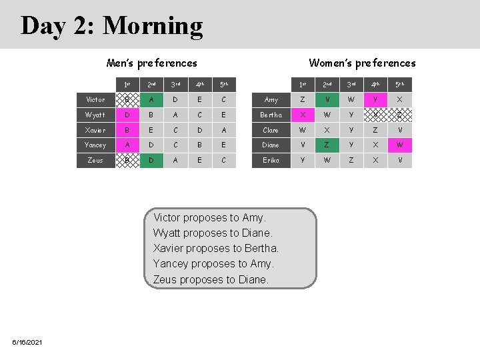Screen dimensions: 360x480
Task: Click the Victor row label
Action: pos(95,99)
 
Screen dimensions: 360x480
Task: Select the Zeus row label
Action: pos(95,160)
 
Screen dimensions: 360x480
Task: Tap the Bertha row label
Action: pos(271,115)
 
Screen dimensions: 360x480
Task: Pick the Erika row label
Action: pos(271,160)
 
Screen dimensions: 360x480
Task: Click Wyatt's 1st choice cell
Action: pos(127,115)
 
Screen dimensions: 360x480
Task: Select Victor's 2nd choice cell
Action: pos(151,99)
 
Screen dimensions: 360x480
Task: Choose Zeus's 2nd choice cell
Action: pos(151,160)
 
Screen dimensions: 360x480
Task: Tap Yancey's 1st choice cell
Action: pos(127,145)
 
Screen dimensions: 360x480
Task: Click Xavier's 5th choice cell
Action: pos(223,130)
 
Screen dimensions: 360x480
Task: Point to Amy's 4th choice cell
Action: pos(375,99)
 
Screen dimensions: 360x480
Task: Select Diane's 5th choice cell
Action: pos(400,145)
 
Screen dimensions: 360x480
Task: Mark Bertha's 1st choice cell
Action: pos(303,115)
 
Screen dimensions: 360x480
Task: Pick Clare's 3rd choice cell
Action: pos(351,130)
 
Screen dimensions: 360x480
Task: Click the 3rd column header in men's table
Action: pos(175,85)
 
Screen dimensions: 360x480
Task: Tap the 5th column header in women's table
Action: pos(400,85)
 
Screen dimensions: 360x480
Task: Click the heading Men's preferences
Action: pos(152,63)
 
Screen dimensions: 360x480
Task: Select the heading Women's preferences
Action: pos(362,63)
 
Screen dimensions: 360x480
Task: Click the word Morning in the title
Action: pos(153,26)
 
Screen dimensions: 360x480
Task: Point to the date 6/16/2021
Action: pos(27,342)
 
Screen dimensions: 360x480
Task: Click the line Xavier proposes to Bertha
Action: pos(216,249)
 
